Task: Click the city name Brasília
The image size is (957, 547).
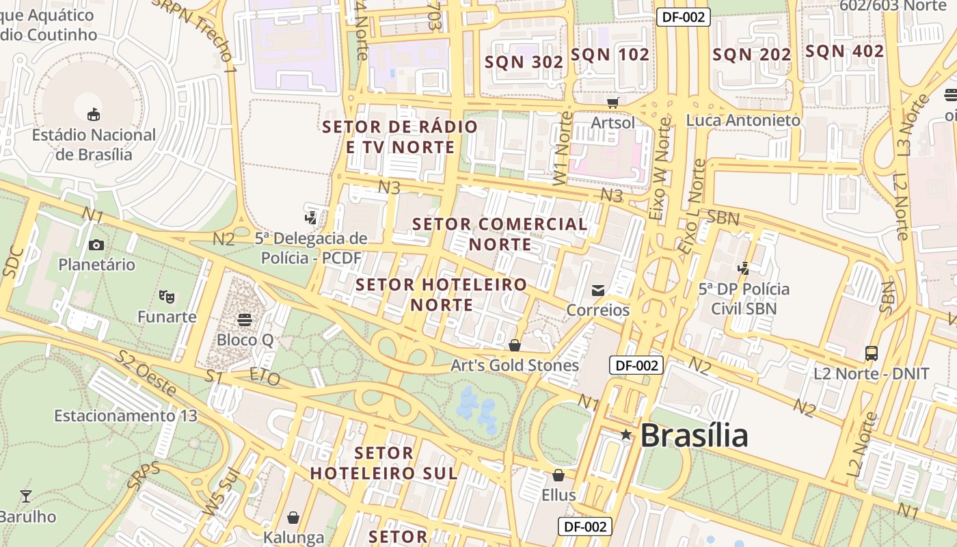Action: point(694,435)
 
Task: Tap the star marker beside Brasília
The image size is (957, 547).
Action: point(625,434)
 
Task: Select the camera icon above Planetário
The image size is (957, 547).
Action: point(96,245)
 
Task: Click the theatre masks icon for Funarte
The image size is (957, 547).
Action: point(166,296)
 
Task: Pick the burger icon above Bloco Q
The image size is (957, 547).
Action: point(244,319)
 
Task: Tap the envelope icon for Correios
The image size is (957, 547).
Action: point(598,291)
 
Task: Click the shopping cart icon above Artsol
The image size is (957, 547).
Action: point(613,103)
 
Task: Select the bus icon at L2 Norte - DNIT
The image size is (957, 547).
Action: point(871,353)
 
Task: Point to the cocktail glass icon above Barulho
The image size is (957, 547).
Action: point(26,496)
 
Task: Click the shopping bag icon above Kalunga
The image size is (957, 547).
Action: point(293,517)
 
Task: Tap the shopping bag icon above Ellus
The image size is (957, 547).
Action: point(558,475)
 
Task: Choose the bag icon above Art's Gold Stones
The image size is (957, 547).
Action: point(515,345)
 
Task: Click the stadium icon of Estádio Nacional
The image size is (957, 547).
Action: point(94,114)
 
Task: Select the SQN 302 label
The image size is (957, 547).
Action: point(524,62)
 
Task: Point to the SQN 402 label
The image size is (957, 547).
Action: point(844,51)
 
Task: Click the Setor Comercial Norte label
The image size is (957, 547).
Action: point(500,234)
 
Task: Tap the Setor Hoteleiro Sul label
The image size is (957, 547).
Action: point(383,463)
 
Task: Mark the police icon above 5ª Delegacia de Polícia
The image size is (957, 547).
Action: point(311,217)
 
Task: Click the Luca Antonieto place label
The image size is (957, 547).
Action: point(743,120)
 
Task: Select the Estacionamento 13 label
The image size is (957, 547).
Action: point(126,416)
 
